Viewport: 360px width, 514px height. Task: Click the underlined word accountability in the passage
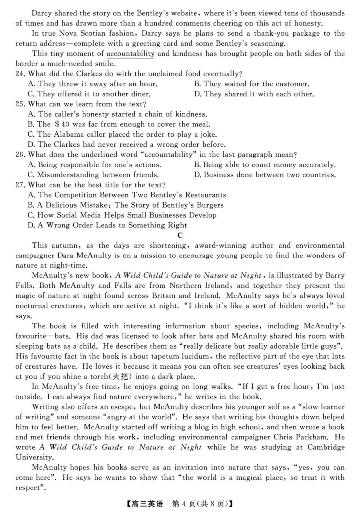coord(130,54)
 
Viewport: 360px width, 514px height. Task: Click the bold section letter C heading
coord(180,235)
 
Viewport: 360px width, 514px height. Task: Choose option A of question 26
coord(94,165)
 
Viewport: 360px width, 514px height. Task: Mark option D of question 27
coord(107,225)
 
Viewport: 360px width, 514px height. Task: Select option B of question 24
coord(252,84)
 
